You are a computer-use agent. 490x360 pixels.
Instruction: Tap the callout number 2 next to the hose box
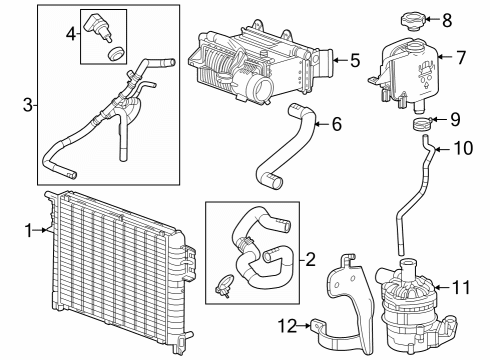[x=311, y=260]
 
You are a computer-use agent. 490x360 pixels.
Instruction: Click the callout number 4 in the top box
[x=71, y=33]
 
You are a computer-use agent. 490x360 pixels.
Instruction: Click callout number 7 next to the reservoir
[x=461, y=57]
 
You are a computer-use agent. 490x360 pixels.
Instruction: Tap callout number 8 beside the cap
[x=447, y=18]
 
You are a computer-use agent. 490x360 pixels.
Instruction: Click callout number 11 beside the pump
[x=460, y=286]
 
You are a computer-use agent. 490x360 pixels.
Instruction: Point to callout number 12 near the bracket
[x=287, y=325]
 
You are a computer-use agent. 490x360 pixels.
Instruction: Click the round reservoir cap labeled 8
[x=411, y=20]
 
